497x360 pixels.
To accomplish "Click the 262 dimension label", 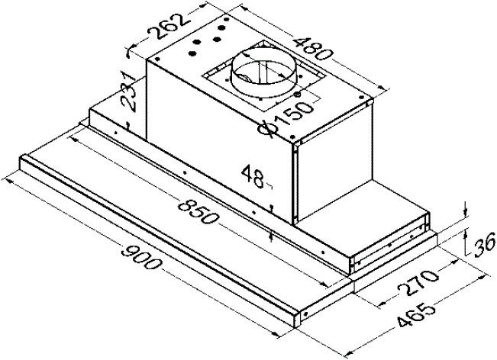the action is tap(169, 26).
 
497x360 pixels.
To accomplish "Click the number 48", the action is tap(252, 177).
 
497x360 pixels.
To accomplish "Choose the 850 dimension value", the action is tap(198, 211).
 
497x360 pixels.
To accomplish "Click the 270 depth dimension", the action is tap(418, 282).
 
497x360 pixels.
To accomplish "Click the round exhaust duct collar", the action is tap(263, 72).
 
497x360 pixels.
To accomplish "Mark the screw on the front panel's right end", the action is tap(305, 313).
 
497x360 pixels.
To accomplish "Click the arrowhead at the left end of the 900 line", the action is tap(6, 182).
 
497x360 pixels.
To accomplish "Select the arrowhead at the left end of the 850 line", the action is tap(73, 138).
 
